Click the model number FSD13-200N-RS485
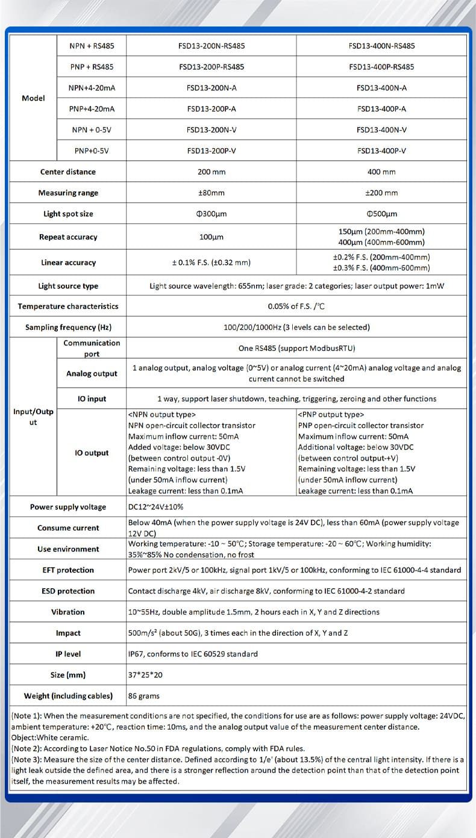(x=211, y=46)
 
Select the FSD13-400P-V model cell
(x=381, y=151)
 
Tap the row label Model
(x=33, y=98)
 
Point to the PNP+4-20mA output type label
(x=92, y=109)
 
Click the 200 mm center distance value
(x=211, y=172)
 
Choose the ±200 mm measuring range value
(x=381, y=193)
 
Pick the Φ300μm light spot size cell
(x=211, y=214)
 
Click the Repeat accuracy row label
(x=68, y=237)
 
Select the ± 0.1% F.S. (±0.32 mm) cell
(x=211, y=262)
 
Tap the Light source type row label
(x=68, y=286)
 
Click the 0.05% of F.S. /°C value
(x=296, y=306)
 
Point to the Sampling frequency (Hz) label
(x=68, y=327)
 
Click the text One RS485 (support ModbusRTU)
(x=296, y=348)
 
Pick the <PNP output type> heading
(x=331, y=414)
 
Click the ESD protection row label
(x=68, y=591)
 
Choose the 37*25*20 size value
(x=145, y=675)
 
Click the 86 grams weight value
(x=144, y=696)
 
